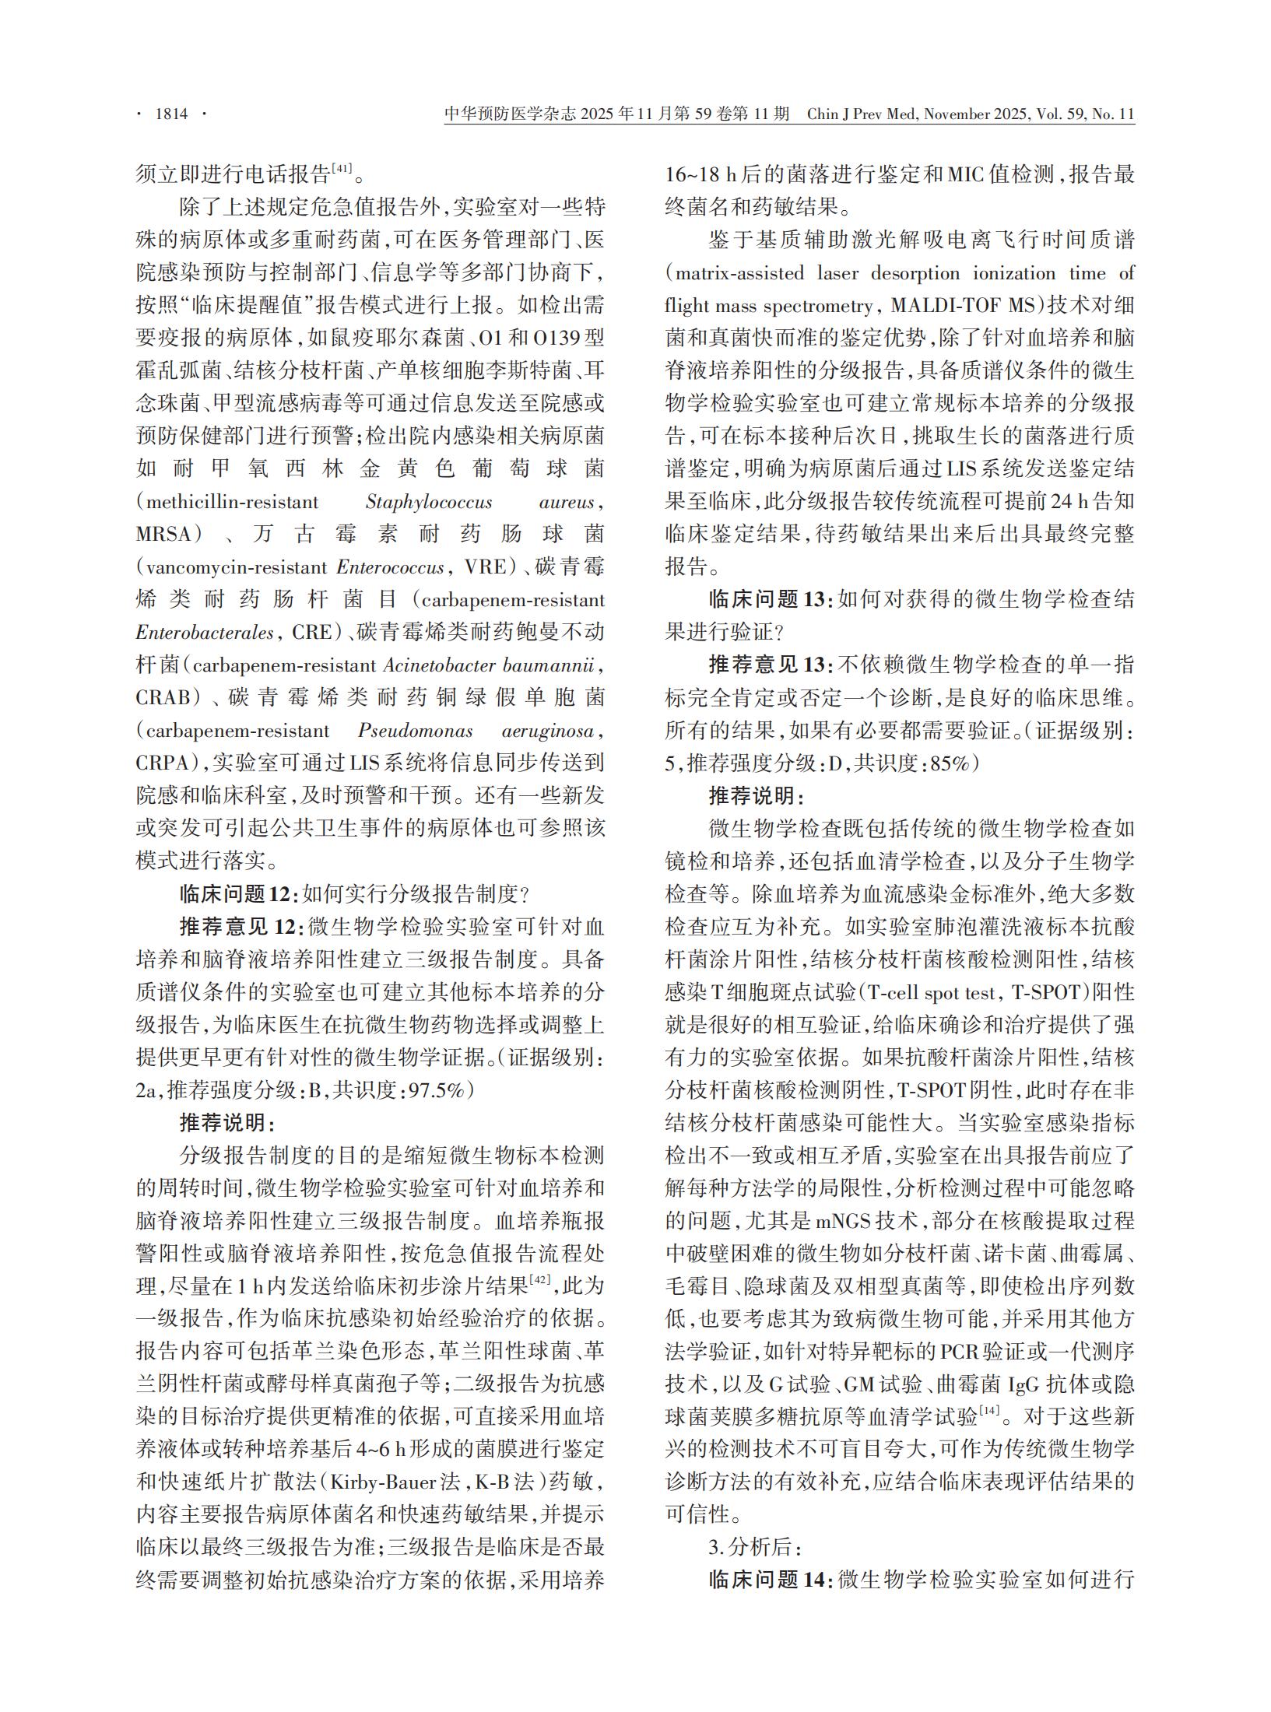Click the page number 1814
(x=171, y=114)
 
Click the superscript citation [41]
(x=342, y=167)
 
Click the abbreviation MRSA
(x=163, y=535)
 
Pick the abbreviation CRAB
(x=163, y=697)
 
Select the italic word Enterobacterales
(x=205, y=633)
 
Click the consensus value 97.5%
(x=436, y=1090)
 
